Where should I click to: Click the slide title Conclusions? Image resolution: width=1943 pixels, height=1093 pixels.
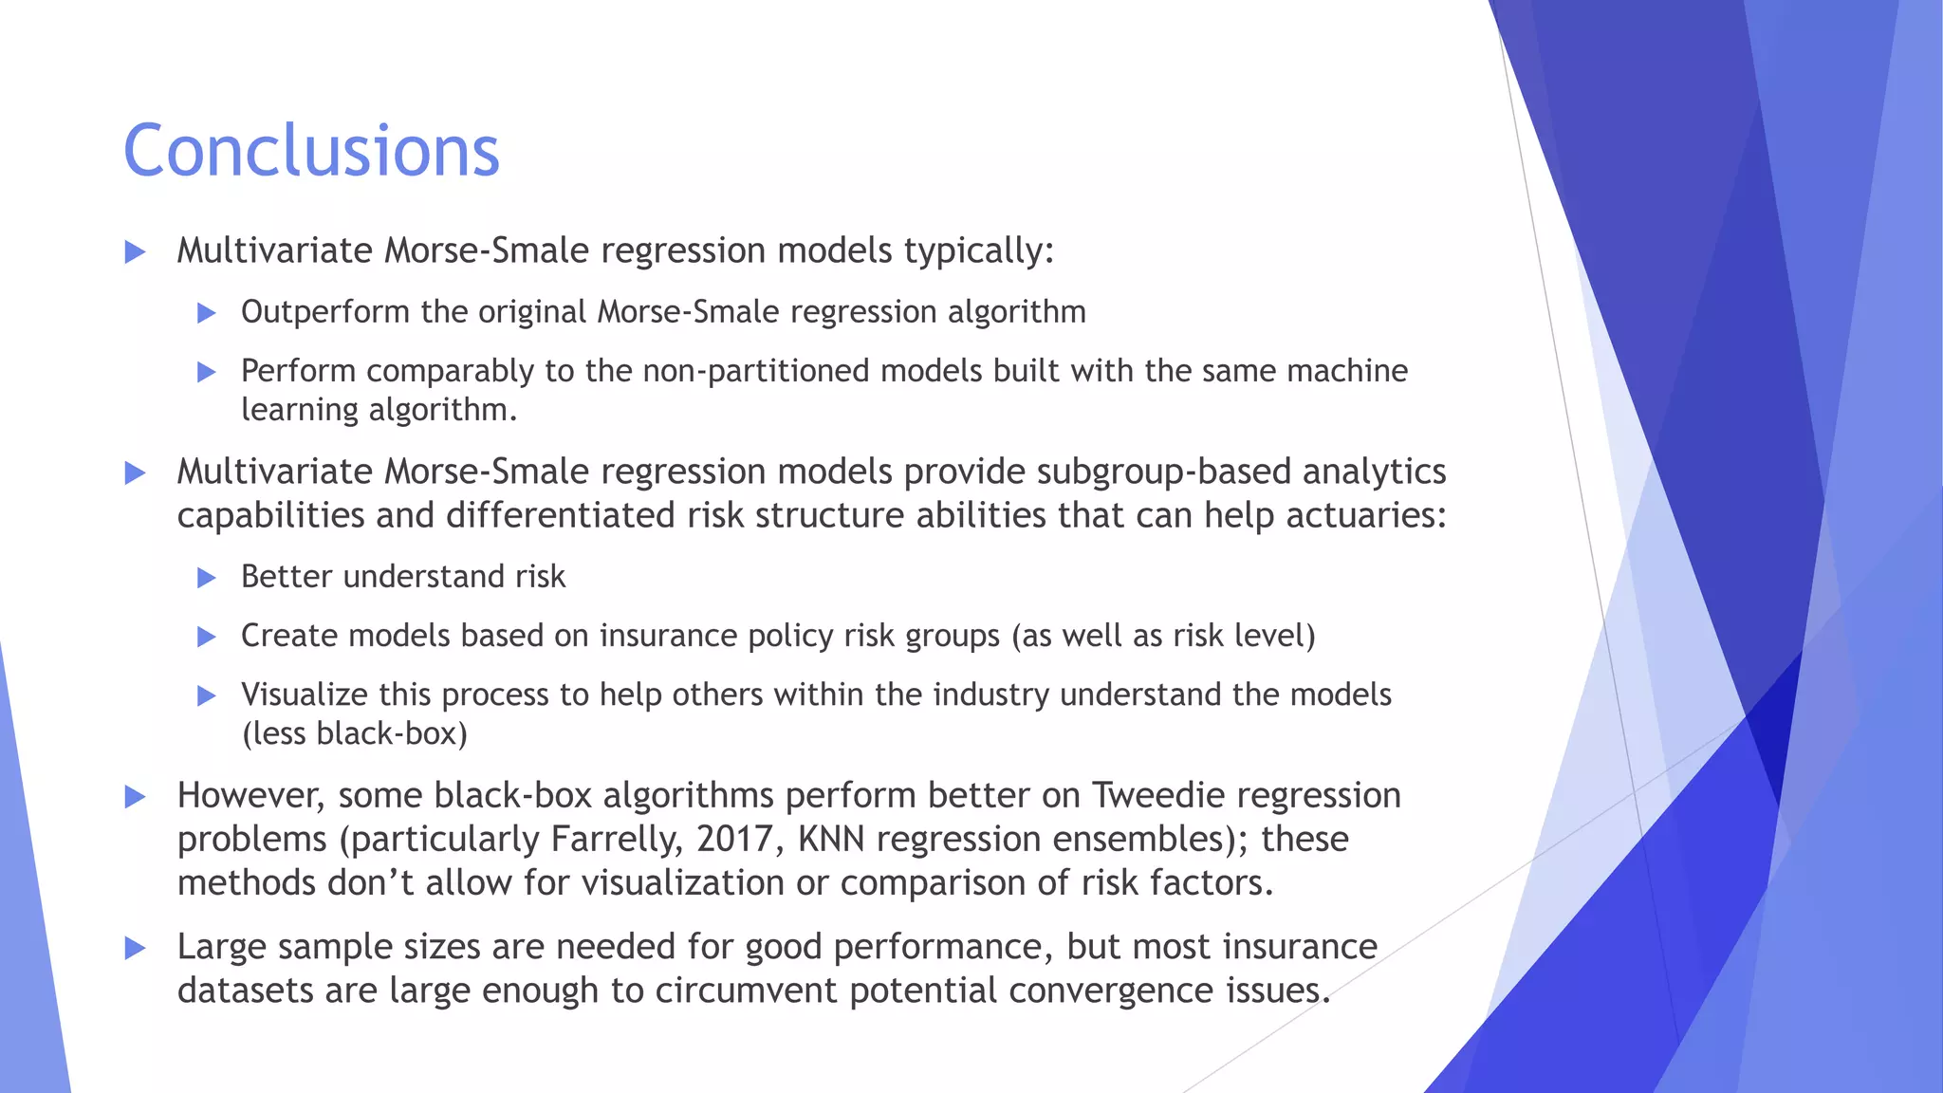311,151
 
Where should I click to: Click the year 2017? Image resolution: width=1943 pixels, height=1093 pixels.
736,840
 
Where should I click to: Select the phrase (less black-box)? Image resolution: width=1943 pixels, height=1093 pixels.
355,733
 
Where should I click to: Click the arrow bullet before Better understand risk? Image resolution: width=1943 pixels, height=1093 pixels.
207,578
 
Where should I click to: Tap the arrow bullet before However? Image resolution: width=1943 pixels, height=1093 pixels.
136,796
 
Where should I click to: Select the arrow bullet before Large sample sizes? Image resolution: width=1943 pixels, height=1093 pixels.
136,948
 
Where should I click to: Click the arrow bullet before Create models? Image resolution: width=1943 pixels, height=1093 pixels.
207,637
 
